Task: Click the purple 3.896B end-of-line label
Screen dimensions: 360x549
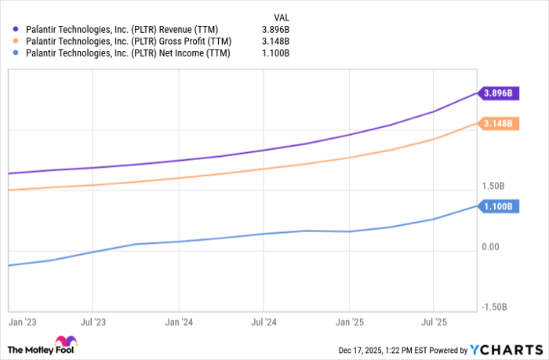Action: point(498,93)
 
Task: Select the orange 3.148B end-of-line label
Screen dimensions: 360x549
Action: point(498,124)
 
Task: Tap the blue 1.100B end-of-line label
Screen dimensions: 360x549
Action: point(498,207)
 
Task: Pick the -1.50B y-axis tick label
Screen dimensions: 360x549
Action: point(495,307)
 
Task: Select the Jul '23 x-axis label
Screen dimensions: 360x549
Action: point(93,322)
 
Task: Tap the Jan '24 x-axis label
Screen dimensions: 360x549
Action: point(179,322)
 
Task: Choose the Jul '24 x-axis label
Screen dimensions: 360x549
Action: point(264,322)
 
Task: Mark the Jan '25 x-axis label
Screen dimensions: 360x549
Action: point(349,322)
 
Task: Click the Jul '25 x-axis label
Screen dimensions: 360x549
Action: point(433,322)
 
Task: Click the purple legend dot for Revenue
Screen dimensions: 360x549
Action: point(16,28)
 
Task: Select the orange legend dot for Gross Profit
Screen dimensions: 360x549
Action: point(16,41)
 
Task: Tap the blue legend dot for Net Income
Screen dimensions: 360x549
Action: point(16,53)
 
